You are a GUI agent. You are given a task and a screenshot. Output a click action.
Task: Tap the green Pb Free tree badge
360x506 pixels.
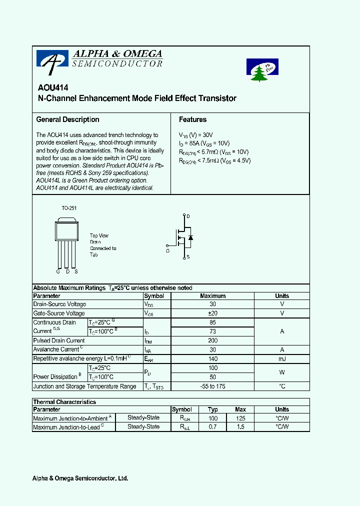(x=262, y=70)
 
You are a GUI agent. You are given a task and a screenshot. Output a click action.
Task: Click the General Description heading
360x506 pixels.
(x=67, y=119)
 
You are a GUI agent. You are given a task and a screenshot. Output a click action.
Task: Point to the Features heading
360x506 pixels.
(x=192, y=119)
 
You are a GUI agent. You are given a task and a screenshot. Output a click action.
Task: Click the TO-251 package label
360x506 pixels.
(x=69, y=208)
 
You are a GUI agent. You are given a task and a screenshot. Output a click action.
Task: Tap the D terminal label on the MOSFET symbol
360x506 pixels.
(x=188, y=216)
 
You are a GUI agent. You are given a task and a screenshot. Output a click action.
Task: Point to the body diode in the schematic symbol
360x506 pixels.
(x=190, y=237)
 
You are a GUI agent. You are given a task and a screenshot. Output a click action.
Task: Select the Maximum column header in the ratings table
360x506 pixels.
(x=212, y=296)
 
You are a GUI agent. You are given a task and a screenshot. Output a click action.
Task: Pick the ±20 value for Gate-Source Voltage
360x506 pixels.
(x=212, y=313)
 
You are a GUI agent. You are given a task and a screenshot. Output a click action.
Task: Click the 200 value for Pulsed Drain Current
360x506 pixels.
(x=212, y=340)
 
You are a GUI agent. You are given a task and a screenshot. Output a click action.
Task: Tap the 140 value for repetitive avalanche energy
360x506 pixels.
(x=212, y=358)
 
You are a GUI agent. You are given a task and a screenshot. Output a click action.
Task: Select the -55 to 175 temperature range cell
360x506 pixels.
(x=212, y=386)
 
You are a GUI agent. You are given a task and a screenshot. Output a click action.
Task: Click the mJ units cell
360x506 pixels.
(x=282, y=358)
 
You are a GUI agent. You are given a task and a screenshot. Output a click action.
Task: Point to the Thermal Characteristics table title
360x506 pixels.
(x=64, y=402)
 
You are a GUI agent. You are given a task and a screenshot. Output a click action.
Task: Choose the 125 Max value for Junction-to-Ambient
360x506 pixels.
(x=240, y=418)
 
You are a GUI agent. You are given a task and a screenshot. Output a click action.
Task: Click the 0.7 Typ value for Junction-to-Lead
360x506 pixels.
(x=213, y=427)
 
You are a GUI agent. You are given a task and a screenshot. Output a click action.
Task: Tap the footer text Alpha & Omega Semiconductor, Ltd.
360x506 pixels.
(x=80, y=478)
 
